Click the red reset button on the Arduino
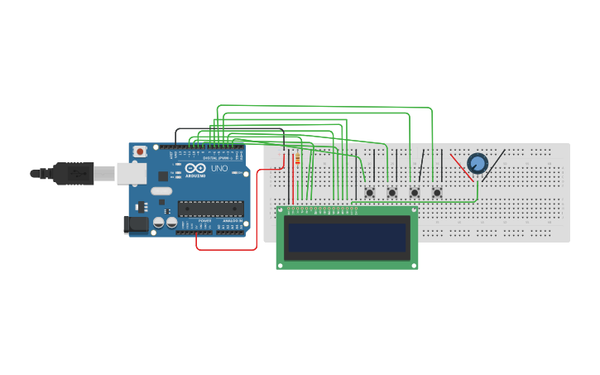[x=140, y=151]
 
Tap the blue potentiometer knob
[x=478, y=163]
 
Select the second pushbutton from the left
[x=392, y=192]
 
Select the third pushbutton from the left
[x=415, y=192]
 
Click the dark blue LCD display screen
[x=347, y=237]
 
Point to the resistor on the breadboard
[x=297, y=160]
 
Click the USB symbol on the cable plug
[x=79, y=173]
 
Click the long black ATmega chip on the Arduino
[x=212, y=208]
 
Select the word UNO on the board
[x=219, y=168]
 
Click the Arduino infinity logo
[x=195, y=167]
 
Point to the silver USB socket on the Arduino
[x=130, y=173]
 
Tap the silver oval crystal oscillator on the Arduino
[x=161, y=191]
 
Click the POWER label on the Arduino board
[x=204, y=221]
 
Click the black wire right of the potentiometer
[x=495, y=165]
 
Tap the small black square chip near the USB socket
[x=163, y=176]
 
